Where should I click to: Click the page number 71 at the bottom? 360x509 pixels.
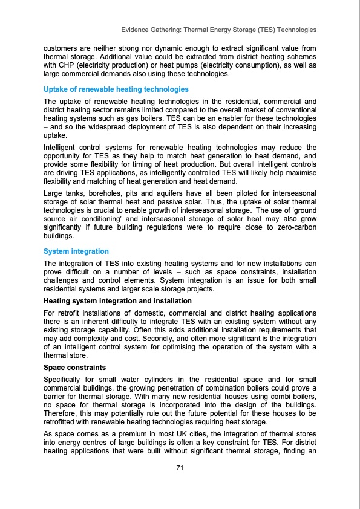pos(180,467)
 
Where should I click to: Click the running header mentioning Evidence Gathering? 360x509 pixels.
pos(219,29)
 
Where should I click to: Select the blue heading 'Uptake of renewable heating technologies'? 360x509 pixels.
pos(116,89)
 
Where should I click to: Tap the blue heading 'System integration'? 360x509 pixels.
pos(76,251)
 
